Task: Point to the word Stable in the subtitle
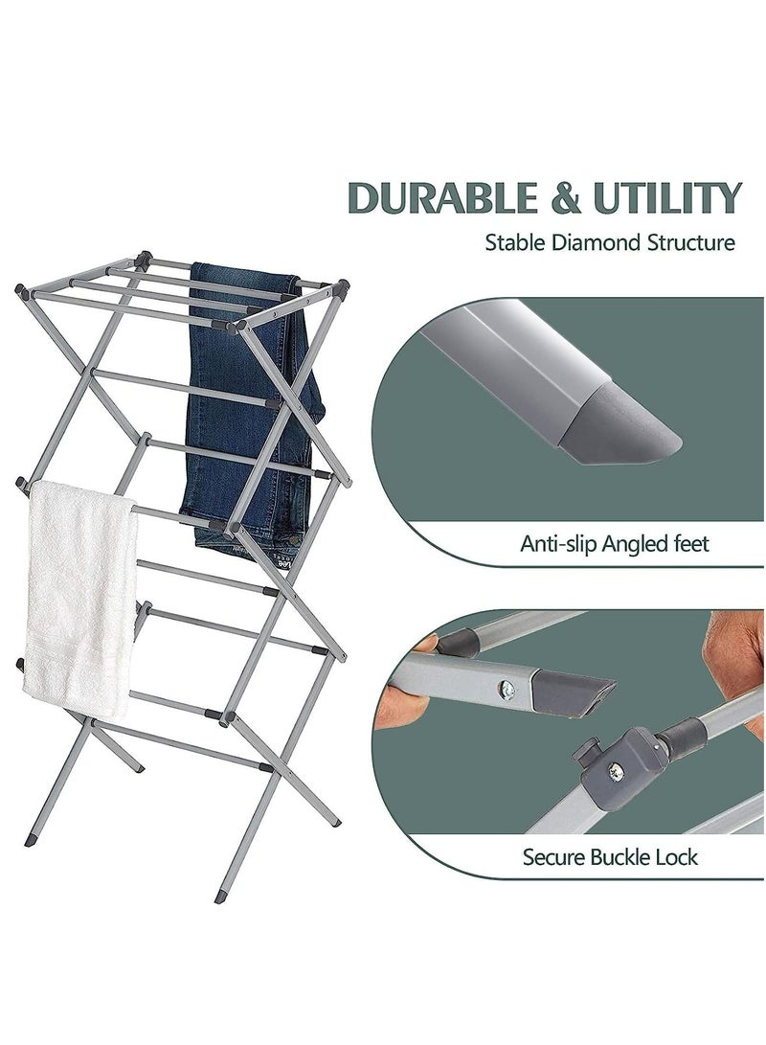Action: click(516, 242)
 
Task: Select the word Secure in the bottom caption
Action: click(552, 856)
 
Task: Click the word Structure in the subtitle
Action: click(687, 242)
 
